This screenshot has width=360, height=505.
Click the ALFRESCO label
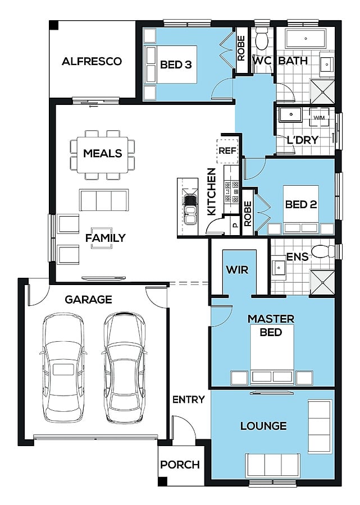[x=92, y=61]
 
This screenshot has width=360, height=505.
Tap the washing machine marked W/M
[x=319, y=117]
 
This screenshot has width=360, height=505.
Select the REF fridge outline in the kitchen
[x=227, y=151]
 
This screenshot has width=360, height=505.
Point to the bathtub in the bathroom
[x=306, y=38]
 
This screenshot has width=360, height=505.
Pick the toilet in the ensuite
[x=323, y=251]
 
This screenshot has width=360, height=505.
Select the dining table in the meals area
[x=102, y=155]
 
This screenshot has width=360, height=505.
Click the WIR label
[x=237, y=269]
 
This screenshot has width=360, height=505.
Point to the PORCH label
[x=180, y=465]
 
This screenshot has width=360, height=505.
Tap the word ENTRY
[x=189, y=400]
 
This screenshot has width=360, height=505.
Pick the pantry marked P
[x=235, y=225]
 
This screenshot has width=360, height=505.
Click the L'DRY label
[x=303, y=140]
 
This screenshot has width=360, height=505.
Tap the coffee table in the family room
[x=102, y=238]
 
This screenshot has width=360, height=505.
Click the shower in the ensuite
[x=322, y=282]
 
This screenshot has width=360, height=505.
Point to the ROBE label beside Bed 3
[x=241, y=48]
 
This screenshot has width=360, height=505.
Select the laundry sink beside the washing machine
[x=291, y=114]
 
